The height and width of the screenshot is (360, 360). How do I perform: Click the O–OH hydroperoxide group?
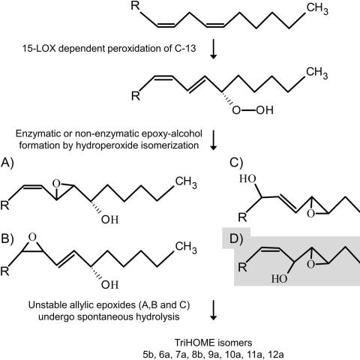pyautogui.click(x=253, y=110)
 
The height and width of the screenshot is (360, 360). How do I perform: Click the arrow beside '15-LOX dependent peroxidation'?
pyautogui.click(x=213, y=49)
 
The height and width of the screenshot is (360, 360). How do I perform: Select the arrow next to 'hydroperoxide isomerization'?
pyautogui.click(x=213, y=140)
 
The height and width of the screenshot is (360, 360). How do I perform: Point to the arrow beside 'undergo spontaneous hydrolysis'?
pyautogui.click(x=213, y=310)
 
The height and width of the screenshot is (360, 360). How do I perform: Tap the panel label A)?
pyautogui.click(x=7, y=163)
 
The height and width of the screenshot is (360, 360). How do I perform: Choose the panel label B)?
pyautogui.click(x=7, y=239)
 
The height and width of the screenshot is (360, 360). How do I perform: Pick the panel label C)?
pyautogui.click(x=236, y=163)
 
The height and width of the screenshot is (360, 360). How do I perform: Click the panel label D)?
pyautogui.click(x=236, y=239)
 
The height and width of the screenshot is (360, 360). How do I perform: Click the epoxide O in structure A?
pyautogui.click(x=57, y=184)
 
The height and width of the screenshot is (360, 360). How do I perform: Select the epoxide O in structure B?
pyautogui.click(x=32, y=238)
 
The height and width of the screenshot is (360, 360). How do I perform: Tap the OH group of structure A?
pyautogui.click(x=109, y=220)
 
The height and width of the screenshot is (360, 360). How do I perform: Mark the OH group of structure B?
pyautogui.click(x=109, y=285)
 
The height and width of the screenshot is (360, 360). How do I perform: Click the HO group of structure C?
pyautogui.click(x=247, y=178)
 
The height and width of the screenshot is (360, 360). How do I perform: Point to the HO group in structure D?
pyautogui.click(x=280, y=279)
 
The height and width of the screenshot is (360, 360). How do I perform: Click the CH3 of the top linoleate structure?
pyautogui.click(x=317, y=9)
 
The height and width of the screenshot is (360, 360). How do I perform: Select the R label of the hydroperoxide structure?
pyautogui.click(x=136, y=96)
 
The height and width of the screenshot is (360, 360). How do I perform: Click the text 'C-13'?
pyautogui.click(x=184, y=48)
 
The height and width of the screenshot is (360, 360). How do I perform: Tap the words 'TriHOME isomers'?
pyautogui.click(x=213, y=343)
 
